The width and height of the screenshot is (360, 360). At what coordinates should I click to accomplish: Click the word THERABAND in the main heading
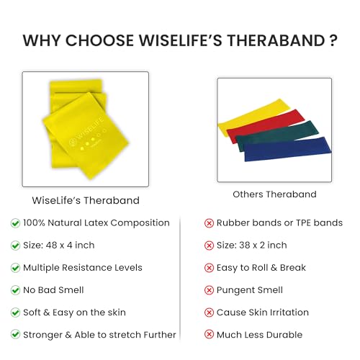(x=276, y=40)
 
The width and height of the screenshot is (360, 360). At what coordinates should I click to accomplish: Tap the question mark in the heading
(x=333, y=40)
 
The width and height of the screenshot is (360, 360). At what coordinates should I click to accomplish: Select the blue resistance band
(x=287, y=149)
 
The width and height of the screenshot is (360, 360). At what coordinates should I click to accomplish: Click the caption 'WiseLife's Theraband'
(x=86, y=200)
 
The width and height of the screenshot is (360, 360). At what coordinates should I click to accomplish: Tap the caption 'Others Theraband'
(x=274, y=194)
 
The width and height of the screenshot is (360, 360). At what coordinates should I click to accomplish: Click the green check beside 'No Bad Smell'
(x=15, y=290)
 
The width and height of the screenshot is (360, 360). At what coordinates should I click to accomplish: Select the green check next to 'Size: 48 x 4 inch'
(x=15, y=246)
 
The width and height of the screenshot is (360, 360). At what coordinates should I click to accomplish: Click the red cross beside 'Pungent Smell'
(x=209, y=290)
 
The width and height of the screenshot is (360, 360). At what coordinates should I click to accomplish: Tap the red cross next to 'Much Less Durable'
(x=209, y=335)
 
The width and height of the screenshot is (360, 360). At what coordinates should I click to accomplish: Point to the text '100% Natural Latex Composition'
(x=96, y=223)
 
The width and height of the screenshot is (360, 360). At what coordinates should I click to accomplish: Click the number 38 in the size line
(x=245, y=246)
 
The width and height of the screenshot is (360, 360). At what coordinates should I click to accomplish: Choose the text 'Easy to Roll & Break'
(x=261, y=268)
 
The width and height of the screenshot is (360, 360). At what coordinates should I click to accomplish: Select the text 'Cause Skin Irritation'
(x=263, y=312)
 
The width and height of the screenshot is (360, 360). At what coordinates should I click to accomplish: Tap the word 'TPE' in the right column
(x=303, y=223)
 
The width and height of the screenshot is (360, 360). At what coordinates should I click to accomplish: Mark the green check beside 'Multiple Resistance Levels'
(x=15, y=268)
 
